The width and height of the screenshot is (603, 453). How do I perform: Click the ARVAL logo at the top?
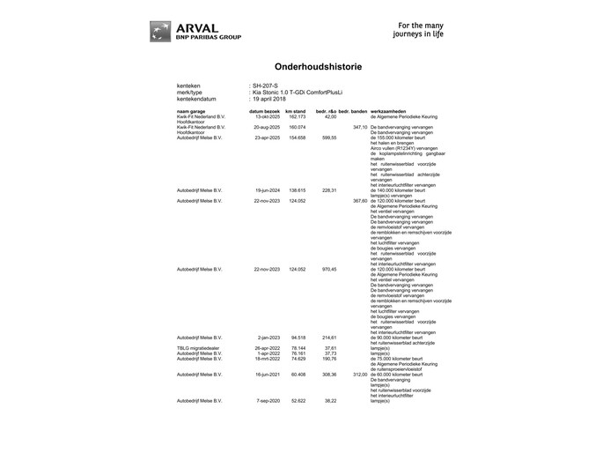[194, 31]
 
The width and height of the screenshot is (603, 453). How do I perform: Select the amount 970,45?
[329, 269]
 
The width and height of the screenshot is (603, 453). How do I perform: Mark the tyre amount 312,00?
[359, 375]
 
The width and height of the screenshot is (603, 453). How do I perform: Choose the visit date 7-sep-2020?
[267, 401]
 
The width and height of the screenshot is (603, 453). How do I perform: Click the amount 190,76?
[329, 359]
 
